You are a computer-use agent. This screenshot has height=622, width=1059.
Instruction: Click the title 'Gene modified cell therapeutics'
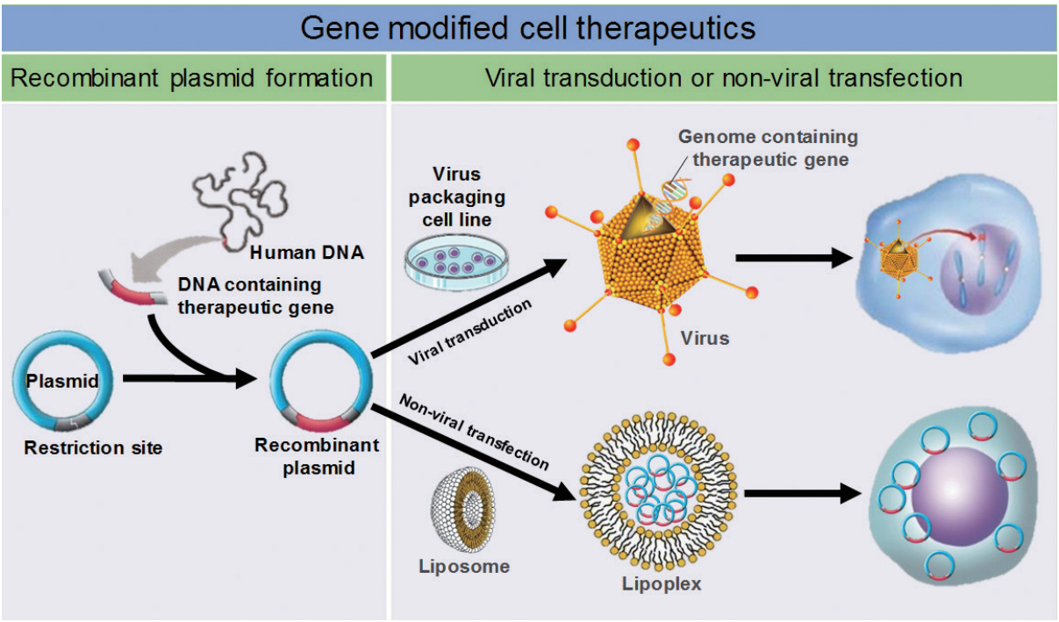click(x=528, y=27)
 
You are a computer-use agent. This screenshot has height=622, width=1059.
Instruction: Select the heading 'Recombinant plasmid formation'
click(x=191, y=78)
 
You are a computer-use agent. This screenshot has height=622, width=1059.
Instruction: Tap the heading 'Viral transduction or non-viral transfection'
click(x=723, y=78)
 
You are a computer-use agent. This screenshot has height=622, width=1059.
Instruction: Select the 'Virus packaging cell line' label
click(x=456, y=196)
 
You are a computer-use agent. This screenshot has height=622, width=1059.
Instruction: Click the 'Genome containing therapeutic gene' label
click(x=769, y=147)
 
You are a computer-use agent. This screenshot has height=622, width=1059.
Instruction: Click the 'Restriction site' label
click(x=93, y=448)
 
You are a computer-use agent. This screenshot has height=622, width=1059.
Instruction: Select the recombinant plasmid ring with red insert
click(x=317, y=384)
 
